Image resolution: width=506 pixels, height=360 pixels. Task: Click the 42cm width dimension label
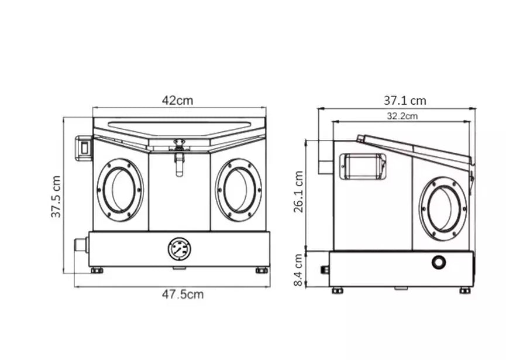pos(177,101)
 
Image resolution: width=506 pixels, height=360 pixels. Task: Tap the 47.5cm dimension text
pos(183,294)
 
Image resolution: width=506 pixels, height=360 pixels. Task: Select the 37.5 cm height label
pos(56,197)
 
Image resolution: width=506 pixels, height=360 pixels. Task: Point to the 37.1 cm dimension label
pos(405,101)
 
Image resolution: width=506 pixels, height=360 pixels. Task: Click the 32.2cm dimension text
pos(402,116)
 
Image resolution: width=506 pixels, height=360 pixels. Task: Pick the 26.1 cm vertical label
pos(298,191)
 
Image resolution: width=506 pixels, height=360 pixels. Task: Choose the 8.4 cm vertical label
pos(298,270)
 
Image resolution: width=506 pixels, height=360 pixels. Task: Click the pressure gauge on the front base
pos(180,249)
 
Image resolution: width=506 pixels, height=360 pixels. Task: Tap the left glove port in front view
pos(120,190)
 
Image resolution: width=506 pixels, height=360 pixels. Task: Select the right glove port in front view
pos(239,190)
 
